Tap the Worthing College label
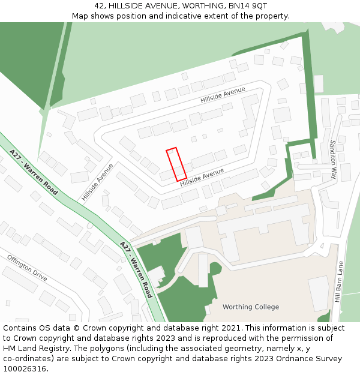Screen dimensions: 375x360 (x=250, y=307)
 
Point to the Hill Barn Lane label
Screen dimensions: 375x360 (x=338, y=281)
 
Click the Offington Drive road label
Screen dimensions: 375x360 (x=27, y=268)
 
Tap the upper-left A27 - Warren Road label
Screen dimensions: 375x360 (x=34, y=173)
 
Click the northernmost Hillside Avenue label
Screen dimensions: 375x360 (x=223, y=95)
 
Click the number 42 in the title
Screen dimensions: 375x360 (x=99, y=5)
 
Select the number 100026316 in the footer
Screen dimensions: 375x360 (x=25, y=369)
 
